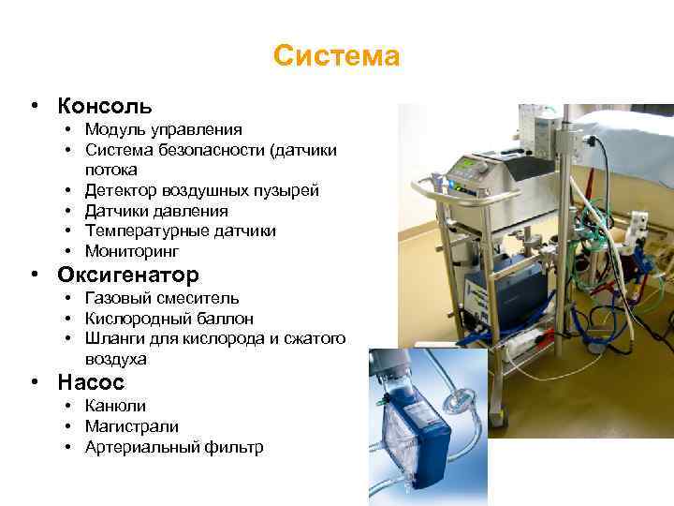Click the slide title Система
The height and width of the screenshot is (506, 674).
pos(337,57)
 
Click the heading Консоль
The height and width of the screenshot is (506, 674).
pos(104,106)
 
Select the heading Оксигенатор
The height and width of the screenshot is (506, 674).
pos(128,275)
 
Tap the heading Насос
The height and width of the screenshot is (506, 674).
pos(91,382)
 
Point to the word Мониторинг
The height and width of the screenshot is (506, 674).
pos(132,251)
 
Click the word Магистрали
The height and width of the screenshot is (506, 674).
pos(131,426)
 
